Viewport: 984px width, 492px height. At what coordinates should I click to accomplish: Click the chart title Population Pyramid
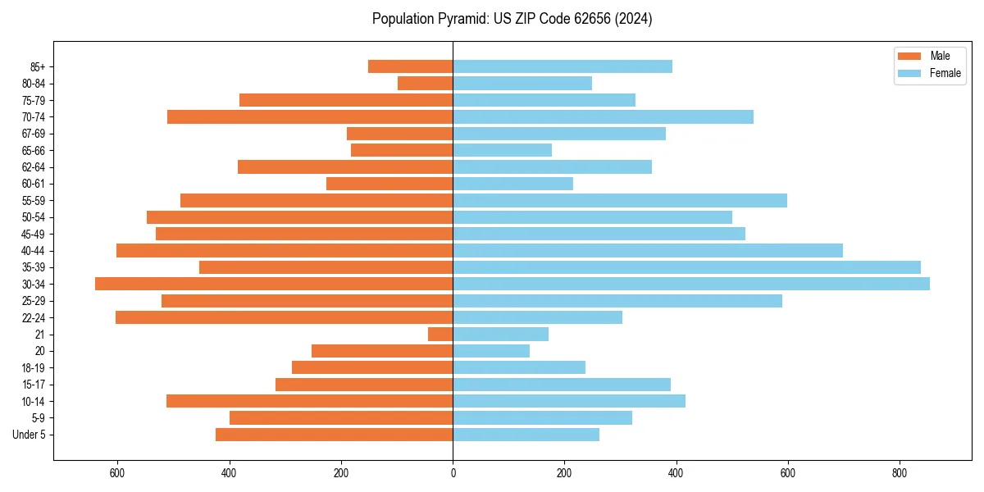coord(512,19)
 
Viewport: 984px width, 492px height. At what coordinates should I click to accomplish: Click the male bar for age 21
coord(440,334)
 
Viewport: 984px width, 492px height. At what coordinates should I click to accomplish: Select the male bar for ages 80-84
coord(425,83)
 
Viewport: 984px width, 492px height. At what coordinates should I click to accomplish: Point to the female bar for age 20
coord(491,351)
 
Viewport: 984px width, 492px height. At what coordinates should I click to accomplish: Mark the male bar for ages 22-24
coord(285,317)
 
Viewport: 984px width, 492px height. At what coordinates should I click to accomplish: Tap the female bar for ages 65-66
coord(502,150)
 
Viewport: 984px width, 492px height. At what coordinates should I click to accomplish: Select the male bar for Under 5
coord(335,435)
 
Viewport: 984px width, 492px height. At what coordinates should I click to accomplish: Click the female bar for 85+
coord(563,66)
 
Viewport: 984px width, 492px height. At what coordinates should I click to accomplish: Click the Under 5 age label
coord(29,435)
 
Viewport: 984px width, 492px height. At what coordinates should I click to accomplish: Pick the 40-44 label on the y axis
coord(34,250)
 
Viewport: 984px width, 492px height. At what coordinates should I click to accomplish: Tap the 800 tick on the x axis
coord(900,473)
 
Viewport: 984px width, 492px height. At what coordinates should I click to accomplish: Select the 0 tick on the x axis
coord(453,473)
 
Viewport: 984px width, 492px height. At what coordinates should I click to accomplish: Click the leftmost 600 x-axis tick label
coord(117,473)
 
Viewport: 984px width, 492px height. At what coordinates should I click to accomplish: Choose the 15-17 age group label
coord(34,385)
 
